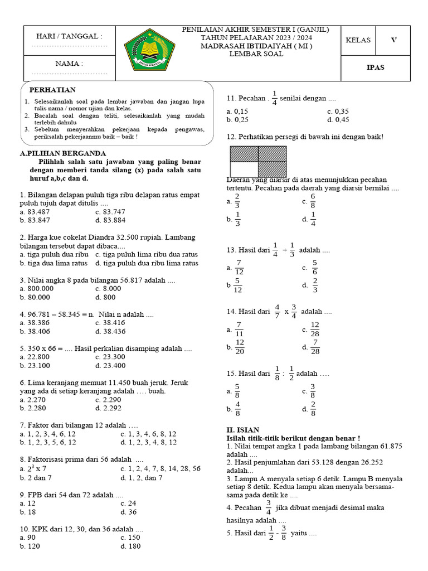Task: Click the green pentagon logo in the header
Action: pyautogui.click(x=145, y=54)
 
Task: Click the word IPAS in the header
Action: pyautogui.click(x=375, y=67)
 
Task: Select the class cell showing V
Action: pyautogui.click(x=393, y=40)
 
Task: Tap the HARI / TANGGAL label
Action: pyautogui.click(x=69, y=36)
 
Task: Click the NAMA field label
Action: pyautogui.click(x=69, y=64)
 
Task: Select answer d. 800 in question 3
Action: pyautogui.click(x=106, y=297)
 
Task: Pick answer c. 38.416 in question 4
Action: pyautogui.click(x=110, y=323)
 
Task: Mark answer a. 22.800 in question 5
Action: pyautogui.click(x=35, y=357)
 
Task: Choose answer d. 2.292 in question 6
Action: pyautogui.click(x=108, y=409)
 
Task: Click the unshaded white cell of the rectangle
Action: pyautogui.click(x=244, y=170)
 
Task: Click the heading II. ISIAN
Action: pyautogui.click(x=242, y=429)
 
